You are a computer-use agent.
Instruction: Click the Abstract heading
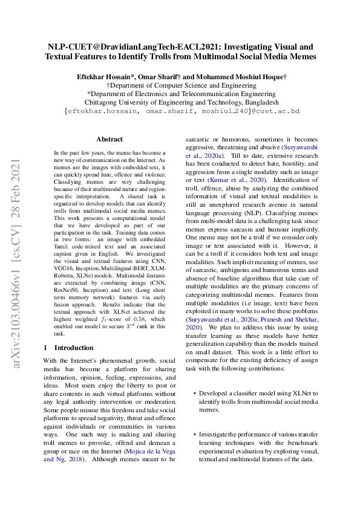tap(110, 139)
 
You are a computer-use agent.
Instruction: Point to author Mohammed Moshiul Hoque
tap(241, 77)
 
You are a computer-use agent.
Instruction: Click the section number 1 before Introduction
tap(45, 348)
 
